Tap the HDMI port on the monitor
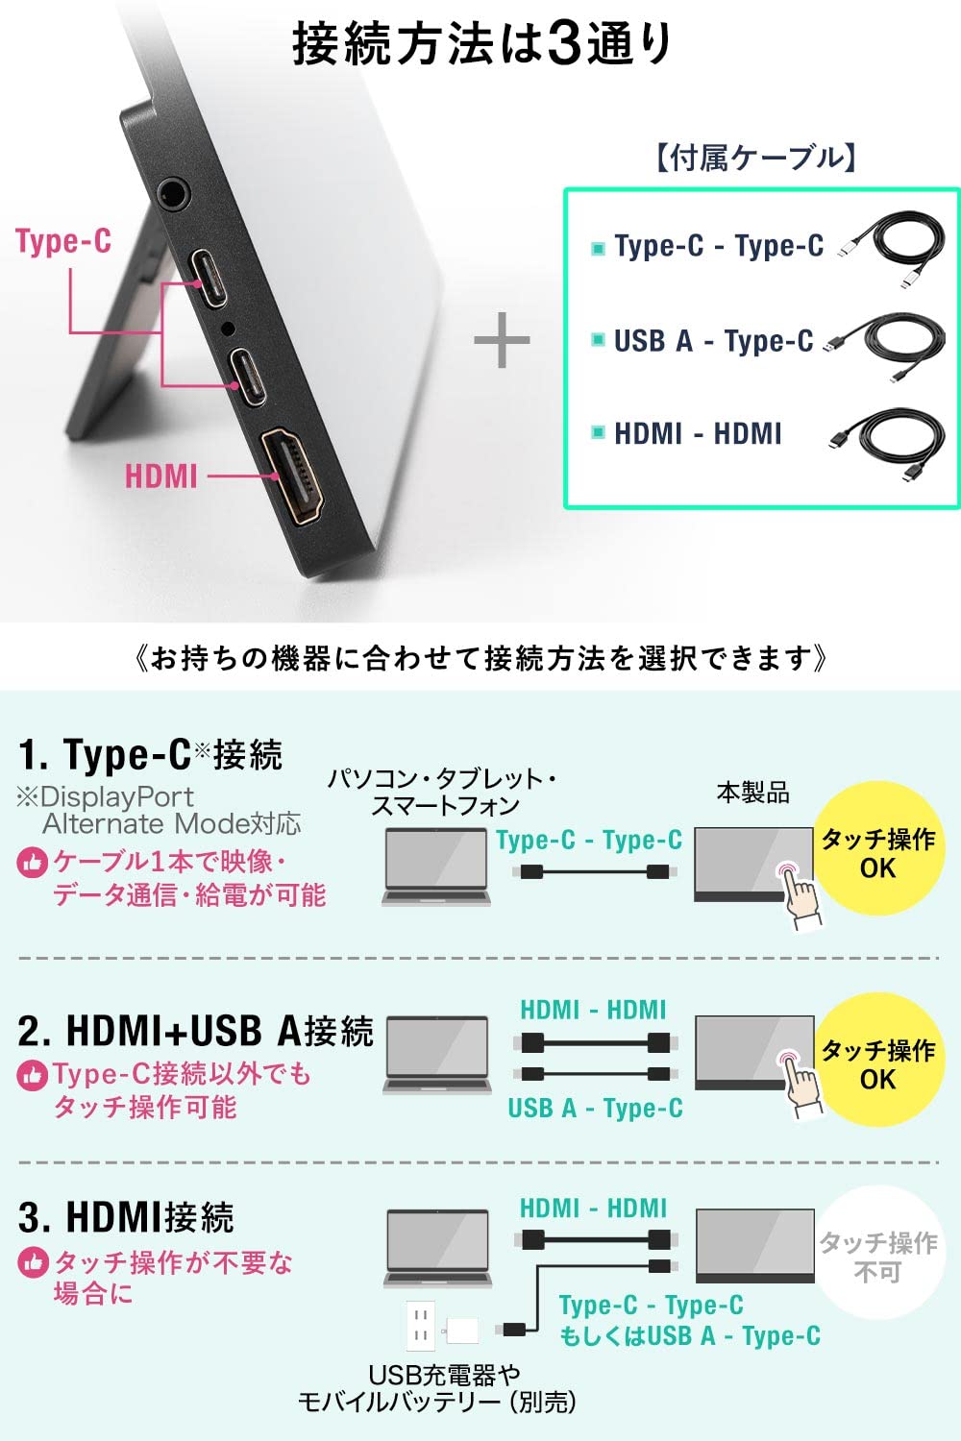pos(292,476)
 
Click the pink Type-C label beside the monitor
pos(63,240)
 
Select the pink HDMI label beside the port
pos(160,476)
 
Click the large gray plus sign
pos(502,341)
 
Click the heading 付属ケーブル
pos(756,158)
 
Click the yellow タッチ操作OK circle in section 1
pos(877,851)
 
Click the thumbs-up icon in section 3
pos(33,1261)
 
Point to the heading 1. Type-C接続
pos(150,754)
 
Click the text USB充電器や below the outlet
pos(444,1375)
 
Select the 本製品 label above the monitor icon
pos(752,793)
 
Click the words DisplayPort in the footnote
pos(117,796)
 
